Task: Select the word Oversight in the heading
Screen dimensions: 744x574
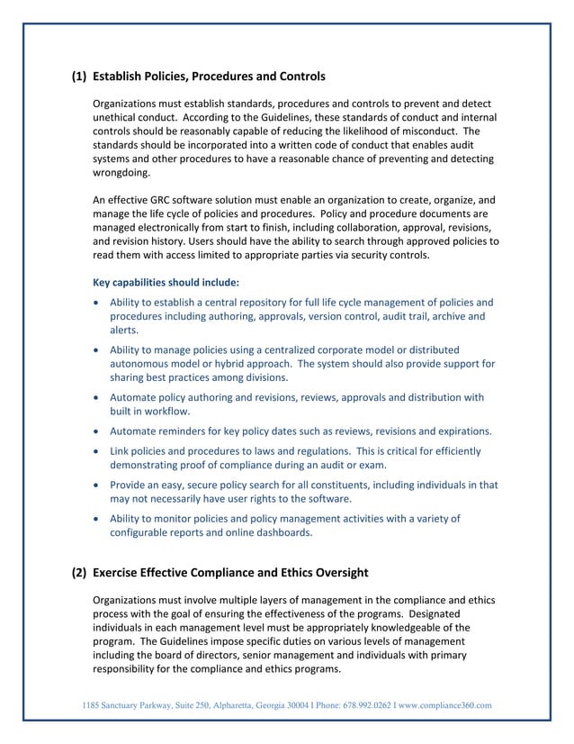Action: [x=336, y=572]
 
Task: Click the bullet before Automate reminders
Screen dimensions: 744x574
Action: [x=97, y=430]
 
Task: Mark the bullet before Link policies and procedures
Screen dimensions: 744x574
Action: [x=97, y=450]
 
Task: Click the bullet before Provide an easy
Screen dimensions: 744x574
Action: [x=97, y=485]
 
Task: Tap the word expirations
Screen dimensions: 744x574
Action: [x=459, y=430]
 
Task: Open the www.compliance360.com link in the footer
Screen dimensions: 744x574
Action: [x=450, y=704]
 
